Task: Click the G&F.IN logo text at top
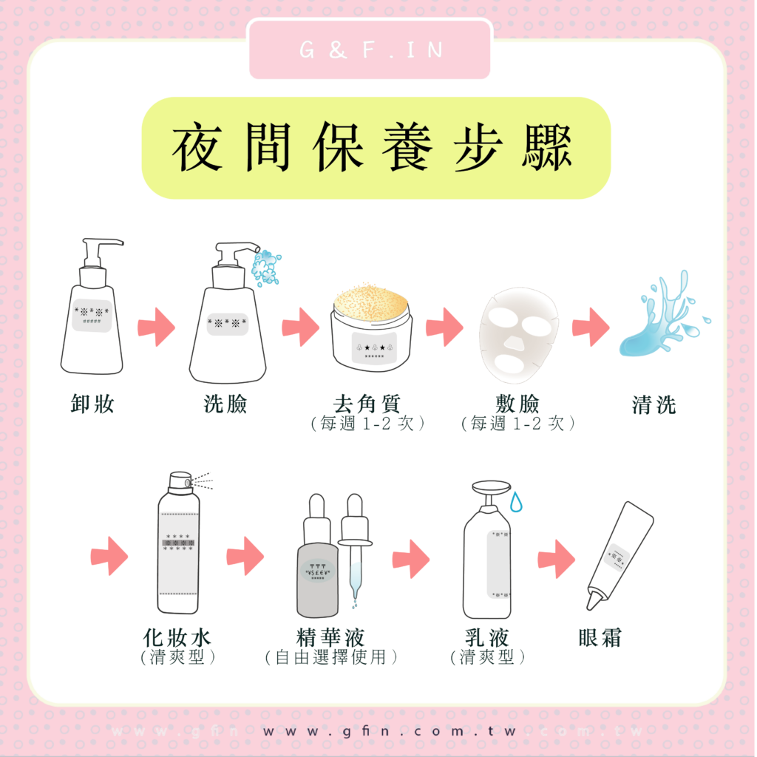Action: tap(371, 50)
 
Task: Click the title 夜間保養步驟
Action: tap(373, 147)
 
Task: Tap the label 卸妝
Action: tap(92, 404)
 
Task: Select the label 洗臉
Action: tap(225, 404)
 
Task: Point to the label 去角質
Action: tap(367, 404)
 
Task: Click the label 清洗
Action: tap(654, 404)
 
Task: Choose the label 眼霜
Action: tap(600, 637)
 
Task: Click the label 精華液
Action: tap(330, 637)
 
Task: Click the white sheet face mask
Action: tap(518, 335)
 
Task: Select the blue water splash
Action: tap(664, 316)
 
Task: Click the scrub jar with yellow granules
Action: tap(371, 327)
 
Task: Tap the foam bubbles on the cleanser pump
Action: tap(266, 267)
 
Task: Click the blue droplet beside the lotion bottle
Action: tap(517, 502)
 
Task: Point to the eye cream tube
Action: tap(620, 555)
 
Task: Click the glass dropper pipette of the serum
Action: tap(356, 548)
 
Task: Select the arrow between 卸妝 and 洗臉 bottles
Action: tap(157, 327)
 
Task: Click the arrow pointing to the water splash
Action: tap(591, 327)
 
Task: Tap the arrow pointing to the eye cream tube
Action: tap(557, 559)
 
